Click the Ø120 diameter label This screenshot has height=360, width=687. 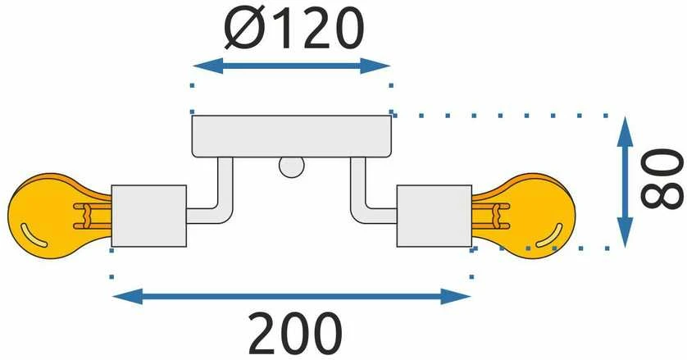pyautogui.click(x=294, y=28)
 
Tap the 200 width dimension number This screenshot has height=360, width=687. pyautogui.click(x=295, y=334)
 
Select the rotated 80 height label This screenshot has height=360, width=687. pyautogui.click(x=662, y=179)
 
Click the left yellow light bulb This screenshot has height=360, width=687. pyautogui.click(x=48, y=216)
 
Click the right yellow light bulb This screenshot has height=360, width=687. pyautogui.click(x=535, y=216)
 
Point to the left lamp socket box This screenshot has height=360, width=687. pyautogui.click(x=149, y=216)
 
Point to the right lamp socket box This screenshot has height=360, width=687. pyautogui.click(x=434, y=216)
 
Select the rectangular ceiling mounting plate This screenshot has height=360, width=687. pyautogui.click(x=292, y=136)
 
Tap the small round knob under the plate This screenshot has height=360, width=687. pyautogui.click(x=292, y=167)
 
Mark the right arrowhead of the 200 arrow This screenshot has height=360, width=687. pyautogui.click(x=456, y=296)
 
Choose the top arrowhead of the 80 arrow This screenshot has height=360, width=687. pyautogui.click(x=626, y=131)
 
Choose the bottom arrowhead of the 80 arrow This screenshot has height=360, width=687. pyautogui.click(x=626, y=232)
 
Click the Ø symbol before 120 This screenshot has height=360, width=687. pyautogui.click(x=241, y=28)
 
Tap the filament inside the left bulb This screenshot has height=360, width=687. pyautogui.click(x=92, y=216)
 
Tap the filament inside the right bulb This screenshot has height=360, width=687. pyautogui.click(x=491, y=216)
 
